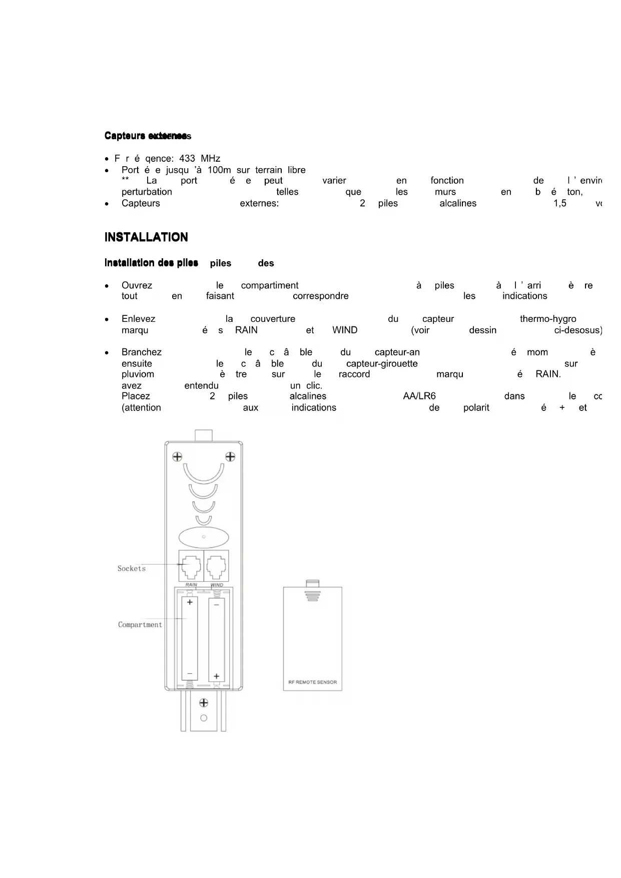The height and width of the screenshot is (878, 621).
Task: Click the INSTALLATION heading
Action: point(146,237)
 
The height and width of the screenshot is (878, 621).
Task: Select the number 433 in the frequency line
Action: point(187,159)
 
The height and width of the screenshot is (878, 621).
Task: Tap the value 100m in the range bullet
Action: point(219,170)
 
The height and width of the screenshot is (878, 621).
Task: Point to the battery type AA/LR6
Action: point(419,396)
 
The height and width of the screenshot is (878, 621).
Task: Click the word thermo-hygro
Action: point(548,319)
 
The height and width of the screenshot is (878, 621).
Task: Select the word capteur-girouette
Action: point(382,364)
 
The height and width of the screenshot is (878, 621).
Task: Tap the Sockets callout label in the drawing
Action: point(132,569)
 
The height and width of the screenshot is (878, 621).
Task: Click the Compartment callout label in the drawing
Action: point(140,625)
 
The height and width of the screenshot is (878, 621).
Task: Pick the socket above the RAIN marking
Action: point(191,566)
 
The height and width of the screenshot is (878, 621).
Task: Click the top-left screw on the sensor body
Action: point(177,457)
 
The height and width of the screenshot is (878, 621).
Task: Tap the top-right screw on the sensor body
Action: point(230,457)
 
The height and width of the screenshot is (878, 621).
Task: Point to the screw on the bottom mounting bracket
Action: point(204,703)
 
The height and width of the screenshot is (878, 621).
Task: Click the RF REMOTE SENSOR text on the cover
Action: point(313,682)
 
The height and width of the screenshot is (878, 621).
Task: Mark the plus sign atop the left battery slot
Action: point(190,602)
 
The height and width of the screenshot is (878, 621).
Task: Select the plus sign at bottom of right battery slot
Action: point(216,676)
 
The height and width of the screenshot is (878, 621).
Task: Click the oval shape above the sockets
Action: point(204,537)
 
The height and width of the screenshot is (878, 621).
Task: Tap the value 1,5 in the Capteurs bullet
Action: point(560,204)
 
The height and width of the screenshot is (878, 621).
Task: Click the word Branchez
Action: point(142,352)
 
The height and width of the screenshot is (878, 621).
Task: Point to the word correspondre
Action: point(321,296)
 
